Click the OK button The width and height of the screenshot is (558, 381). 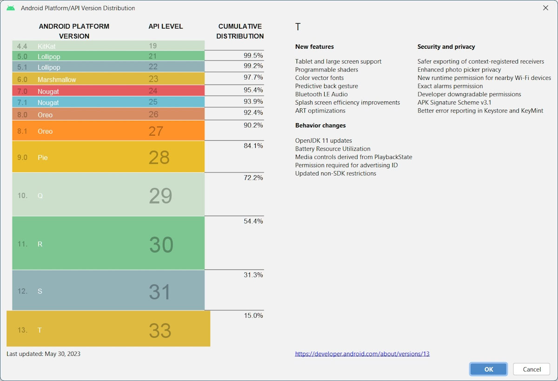(x=488, y=369)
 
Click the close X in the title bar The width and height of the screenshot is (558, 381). (x=545, y=8)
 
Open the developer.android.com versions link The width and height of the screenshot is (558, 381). (x=362, y=354)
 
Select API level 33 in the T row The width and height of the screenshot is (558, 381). (x=160, y=331)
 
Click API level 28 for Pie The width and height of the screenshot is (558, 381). (x=159, y=158)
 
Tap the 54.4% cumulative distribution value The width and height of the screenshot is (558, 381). (x=253, y=221)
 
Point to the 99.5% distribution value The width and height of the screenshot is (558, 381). (x=253, y=55)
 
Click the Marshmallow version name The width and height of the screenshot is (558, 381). (x=57, y=79)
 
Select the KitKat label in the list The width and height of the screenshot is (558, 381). (x=46, y=46)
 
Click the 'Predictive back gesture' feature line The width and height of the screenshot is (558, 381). (x=326, y=86)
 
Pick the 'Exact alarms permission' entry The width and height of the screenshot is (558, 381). (x=450, y=86)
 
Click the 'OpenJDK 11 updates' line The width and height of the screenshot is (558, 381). (x=324, y=140)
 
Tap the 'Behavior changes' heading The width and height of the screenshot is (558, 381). (x=320, y=125)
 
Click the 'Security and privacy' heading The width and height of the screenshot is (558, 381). (x=446, y=46)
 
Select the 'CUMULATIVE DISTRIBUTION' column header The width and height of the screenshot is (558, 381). (x=240, y=31)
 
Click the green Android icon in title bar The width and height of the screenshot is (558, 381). (x=11, y=8)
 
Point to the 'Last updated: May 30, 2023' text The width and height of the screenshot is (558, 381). (x=43, y=354)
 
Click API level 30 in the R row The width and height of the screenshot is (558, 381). (x=161, y=245)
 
